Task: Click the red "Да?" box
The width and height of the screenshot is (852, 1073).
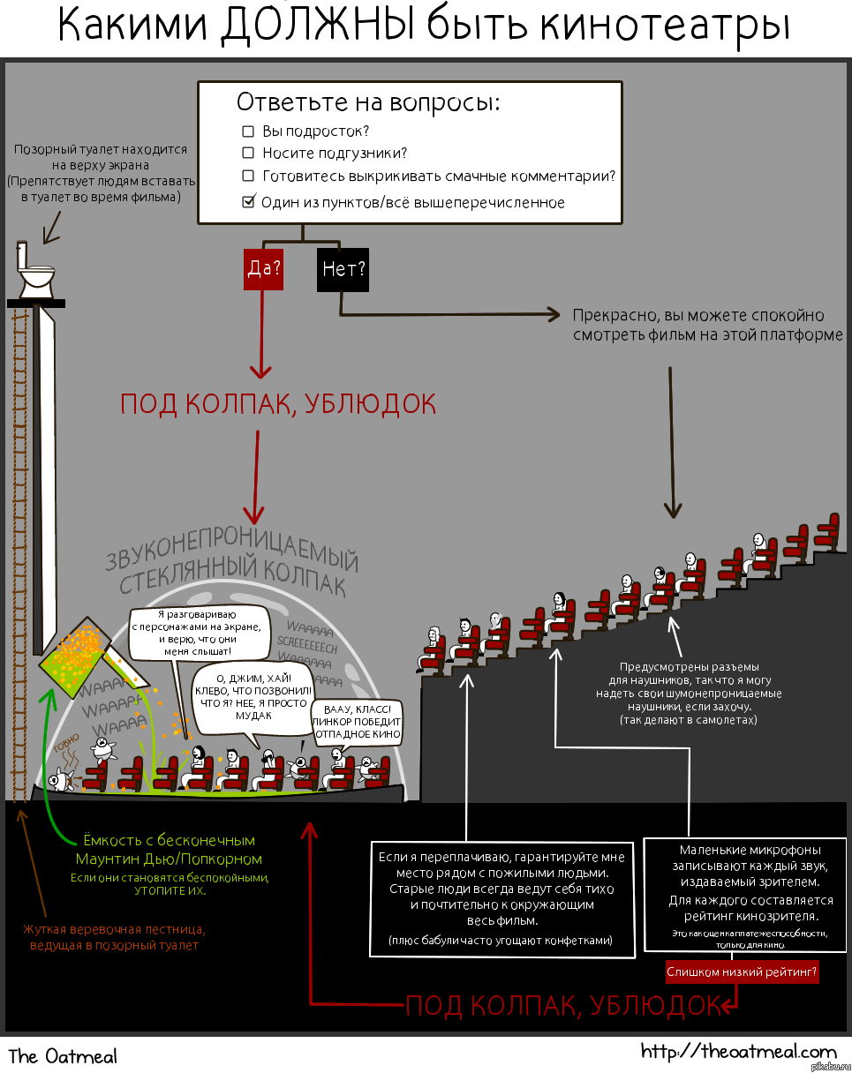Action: pos(263,268)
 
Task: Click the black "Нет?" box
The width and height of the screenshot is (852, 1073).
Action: pos(343,268)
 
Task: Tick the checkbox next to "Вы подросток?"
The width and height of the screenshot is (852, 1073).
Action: pos(248,131)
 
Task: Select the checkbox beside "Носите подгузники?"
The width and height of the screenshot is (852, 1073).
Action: pos(248,154)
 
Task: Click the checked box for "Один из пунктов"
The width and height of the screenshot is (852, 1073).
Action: pos(248,202)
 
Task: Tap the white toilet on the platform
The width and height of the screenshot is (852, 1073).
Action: pos(36,269)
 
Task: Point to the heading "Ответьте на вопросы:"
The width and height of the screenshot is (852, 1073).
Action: pos(367,101)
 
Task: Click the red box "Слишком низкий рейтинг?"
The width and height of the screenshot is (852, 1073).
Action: pos(742,973)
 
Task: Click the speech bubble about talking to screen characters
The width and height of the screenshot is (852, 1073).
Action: pos(197,632)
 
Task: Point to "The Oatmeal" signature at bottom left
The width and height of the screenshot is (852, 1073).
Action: pos(63,1055)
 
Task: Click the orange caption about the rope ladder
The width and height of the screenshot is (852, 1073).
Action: pos(114,937)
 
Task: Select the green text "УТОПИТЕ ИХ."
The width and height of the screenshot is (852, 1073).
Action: pos(170,890)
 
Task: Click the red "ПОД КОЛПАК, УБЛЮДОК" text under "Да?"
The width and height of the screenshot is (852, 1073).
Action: pos(278,404)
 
